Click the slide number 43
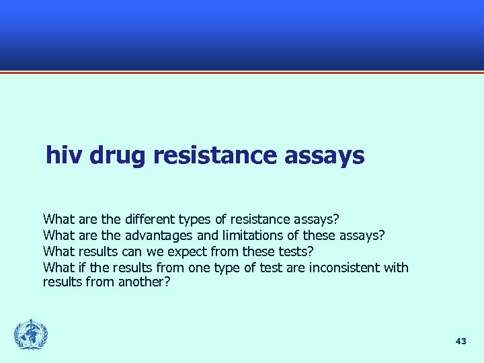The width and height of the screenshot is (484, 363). [x=460, y=341]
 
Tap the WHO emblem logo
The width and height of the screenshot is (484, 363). [x=31, y=335]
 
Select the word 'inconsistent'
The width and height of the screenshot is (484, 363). [x=345, y=268]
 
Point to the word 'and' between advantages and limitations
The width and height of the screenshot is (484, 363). [x=206, y=235]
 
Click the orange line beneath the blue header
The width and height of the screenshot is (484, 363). [x=242, y=72]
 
